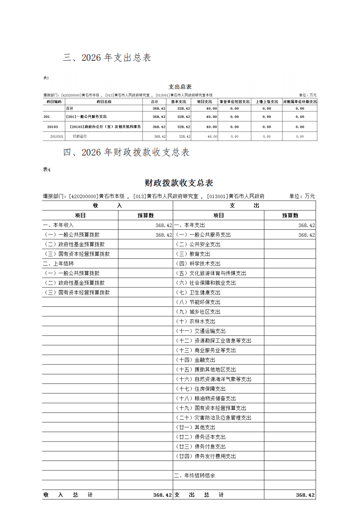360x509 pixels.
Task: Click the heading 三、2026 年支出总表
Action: click(x=107, y=58)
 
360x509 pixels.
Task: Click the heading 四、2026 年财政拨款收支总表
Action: click(x=126, y=152)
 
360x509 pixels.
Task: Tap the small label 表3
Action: click(x=46, y=78)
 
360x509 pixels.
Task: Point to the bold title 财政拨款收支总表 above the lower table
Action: click(x=179, y=183)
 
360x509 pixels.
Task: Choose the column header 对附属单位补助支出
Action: click(x=300, y=102)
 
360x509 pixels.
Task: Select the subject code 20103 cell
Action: click(x=53, y=127)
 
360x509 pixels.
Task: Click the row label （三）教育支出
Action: click(x=193, y=254)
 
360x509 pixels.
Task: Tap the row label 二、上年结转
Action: click(x=58, y=263)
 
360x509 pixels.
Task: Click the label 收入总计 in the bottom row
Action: click(x=68, y=495)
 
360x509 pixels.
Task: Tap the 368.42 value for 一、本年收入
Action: click(x=163, y=225)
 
